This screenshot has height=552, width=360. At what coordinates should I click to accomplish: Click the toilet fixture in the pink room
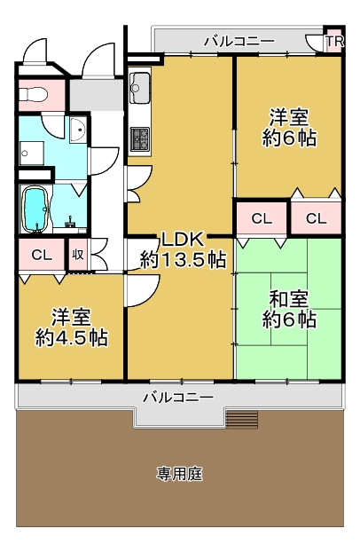point(33,94)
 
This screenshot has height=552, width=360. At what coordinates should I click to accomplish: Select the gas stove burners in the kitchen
point(140,138)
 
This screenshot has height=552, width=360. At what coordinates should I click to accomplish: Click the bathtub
point(35,209)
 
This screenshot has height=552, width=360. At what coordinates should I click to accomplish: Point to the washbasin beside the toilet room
point(77,130)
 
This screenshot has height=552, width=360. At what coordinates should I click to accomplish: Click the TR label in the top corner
point(334,41)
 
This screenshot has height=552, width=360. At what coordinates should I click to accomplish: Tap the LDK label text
point(183,241)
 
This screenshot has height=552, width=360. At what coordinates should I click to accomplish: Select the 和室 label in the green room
point(289,299)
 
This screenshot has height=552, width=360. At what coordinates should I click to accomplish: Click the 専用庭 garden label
point(179,474)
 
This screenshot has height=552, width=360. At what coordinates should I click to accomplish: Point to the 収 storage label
point(78,255)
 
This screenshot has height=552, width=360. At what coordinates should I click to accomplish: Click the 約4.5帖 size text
point(71,338)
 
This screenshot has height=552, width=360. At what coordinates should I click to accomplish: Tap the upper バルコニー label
point(239,42)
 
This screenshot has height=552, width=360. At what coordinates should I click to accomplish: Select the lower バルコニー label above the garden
point(178,398)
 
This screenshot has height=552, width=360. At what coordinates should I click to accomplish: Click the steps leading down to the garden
point(242,419)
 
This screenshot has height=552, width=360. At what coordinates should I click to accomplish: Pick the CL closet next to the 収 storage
point(42,255)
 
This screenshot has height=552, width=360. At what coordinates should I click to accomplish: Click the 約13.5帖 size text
point(183,260)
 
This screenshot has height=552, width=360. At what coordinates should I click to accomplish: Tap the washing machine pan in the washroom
point(31,154)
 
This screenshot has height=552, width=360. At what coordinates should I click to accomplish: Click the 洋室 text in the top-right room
point(289,117)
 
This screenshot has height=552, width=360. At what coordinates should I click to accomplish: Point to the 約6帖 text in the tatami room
point(289,319)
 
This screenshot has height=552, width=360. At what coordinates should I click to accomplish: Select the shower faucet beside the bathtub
point(71,222)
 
